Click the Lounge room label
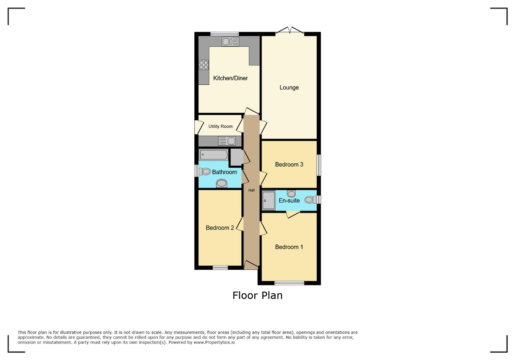289,88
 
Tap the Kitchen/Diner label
231,78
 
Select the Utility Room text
220,126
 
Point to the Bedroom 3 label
289,165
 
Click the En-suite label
289,200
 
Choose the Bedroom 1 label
289,247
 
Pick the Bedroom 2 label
220,228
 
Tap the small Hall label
251,190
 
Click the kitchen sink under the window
231,41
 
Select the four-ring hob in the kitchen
204,65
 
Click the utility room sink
227,141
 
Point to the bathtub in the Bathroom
214,155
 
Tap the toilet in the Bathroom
205,171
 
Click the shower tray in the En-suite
269,200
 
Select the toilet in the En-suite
311,200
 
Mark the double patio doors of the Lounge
290,31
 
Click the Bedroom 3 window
319,165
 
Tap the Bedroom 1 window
289,283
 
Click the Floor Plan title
257,296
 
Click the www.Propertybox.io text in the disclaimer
214,342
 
